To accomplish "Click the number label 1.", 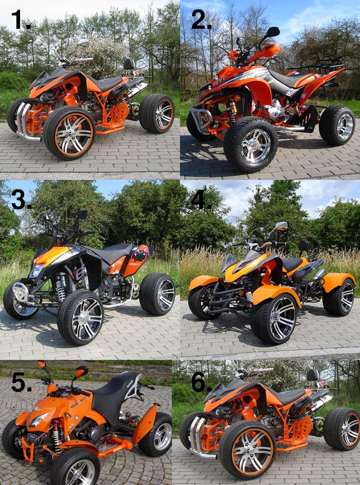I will (x=21, y=20).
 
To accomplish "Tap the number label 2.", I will (x=201, y=20).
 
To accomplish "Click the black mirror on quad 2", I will (x=272, y=32).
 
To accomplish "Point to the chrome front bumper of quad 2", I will (x=200, y=115).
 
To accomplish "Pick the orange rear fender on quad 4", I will (x=338, y=281).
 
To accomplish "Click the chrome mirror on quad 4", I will (x=281, y=226).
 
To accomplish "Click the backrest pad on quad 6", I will (x=313, y=374).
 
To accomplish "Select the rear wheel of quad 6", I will (x=342, y=428).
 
